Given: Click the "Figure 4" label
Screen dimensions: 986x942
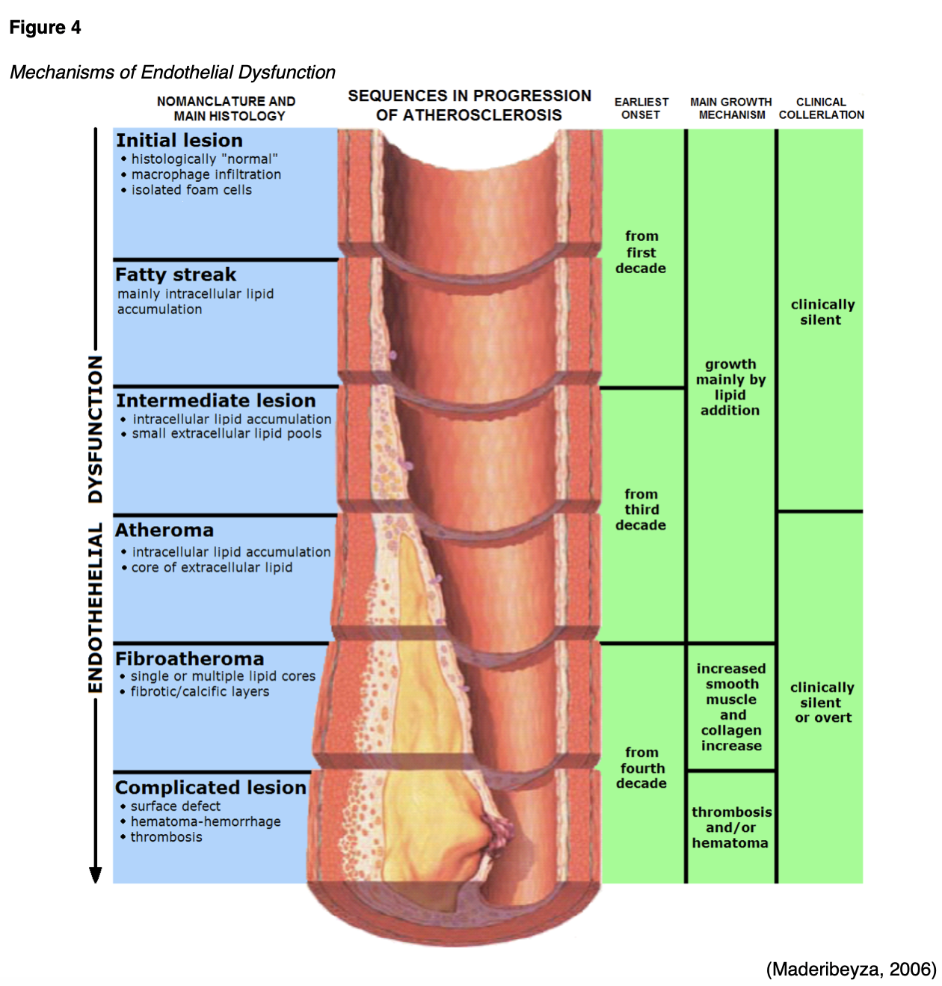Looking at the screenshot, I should click(x=45, y=28).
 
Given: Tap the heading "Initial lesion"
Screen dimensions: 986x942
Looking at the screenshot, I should click(x=179, y=141).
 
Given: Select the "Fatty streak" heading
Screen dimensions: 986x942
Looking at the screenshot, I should click(x=176, y=275).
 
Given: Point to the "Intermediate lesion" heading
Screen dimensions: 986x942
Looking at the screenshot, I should click(x=216, y=400).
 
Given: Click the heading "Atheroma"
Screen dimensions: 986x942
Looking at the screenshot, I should click(x=164, y=530).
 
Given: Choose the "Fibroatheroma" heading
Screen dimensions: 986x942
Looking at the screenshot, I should click(x=190, y=659).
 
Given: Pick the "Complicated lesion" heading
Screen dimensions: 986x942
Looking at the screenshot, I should click(x=211, y=788).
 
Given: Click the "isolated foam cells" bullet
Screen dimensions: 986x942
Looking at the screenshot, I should click(x=191, y=190).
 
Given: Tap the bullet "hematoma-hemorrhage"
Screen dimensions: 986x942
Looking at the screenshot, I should click(x=206, y=821).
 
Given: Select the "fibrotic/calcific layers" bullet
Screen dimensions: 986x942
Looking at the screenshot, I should click(x=200, y=691).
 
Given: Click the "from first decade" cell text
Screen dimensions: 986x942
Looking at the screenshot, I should click(x=641, y=252).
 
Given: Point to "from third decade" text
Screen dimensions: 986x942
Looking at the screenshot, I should click(x=641, y=509).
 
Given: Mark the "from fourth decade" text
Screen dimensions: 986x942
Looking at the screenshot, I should click(x=641, y=768).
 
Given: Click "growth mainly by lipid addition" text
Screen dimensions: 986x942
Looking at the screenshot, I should click(x=730, y=388).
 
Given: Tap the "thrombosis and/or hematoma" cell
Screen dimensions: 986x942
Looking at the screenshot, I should click(x=731, y=827).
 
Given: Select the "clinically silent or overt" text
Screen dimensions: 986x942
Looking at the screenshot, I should click(x=822, y=702).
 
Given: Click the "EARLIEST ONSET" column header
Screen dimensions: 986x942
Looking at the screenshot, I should click(x=641, y=108).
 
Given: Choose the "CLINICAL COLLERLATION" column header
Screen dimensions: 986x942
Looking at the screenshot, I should click(x=821, y=108).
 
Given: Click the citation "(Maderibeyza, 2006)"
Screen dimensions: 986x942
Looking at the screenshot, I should click(x=851, y=970).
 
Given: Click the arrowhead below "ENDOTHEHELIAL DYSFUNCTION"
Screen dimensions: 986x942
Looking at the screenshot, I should click(x=96, y=875).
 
